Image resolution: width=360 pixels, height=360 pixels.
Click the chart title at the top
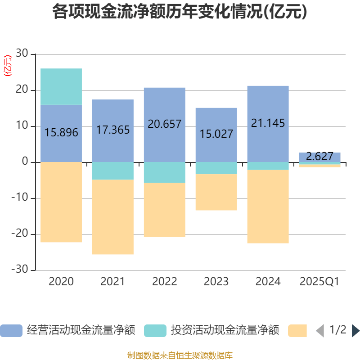pyautogui.click(x=180, y=12)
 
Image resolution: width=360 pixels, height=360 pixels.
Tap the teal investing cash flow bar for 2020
pyautogui.click(x=61, y=86)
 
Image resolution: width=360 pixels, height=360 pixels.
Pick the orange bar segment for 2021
pyautogui.click(x=112, y=217)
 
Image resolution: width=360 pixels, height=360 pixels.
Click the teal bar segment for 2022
pyautogui.click(x=164, y=172)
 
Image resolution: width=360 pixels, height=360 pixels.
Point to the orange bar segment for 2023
pyautogui.click(x=216, y=192)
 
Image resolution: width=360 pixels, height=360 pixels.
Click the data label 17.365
pyautogui.click(x=113, y=130)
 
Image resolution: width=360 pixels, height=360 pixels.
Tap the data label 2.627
pyautogui.click(x=319, y=157)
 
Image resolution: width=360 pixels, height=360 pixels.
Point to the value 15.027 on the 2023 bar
pyautogui.click(x=216, y=134)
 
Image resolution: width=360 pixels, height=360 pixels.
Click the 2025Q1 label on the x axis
pyautogui.click(x=319, y=282)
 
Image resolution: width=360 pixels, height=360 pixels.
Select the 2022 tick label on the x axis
pyautogui.click(x=164, y=282)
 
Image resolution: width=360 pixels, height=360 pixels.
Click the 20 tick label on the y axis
pyautogui.click(x=22, y=90)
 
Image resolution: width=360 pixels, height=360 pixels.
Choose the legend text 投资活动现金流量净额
pyautogui.click(x=225, y=331)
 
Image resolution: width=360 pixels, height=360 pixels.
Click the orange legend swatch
pyautogui.click(x=297, y=331)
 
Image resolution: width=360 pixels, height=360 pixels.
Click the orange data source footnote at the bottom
pyautogui.click(x=180, y=355)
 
